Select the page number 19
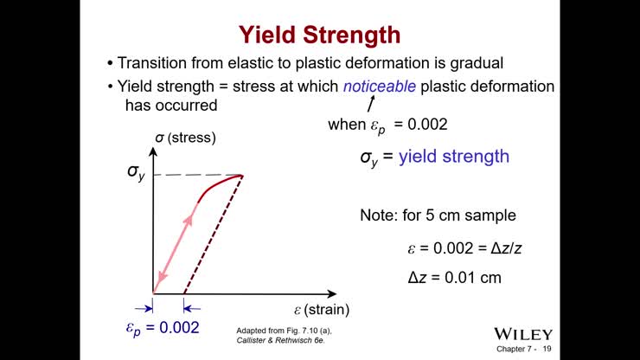point(547,349)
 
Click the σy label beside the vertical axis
point(137,171)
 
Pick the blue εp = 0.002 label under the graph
point(163,327)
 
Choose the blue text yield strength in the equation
point(453,157)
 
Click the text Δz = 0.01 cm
point(454,278)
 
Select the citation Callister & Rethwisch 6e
point(284,341)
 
